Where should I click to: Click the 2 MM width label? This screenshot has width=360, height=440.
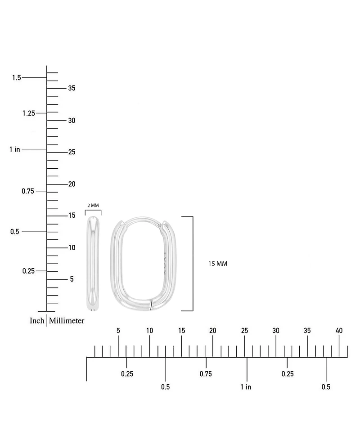93,206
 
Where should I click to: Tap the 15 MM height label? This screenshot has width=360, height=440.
218,264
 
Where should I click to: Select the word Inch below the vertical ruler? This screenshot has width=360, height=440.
37,320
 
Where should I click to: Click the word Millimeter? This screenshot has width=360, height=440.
67,320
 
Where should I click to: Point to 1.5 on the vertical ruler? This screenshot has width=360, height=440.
17,78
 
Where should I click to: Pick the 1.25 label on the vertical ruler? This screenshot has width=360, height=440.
29,113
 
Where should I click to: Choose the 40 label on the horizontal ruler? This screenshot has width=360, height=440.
339,331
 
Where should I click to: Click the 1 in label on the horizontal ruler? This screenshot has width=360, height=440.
246,387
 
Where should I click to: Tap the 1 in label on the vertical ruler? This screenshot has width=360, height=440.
15,149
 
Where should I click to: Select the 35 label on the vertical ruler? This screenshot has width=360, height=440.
72,88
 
